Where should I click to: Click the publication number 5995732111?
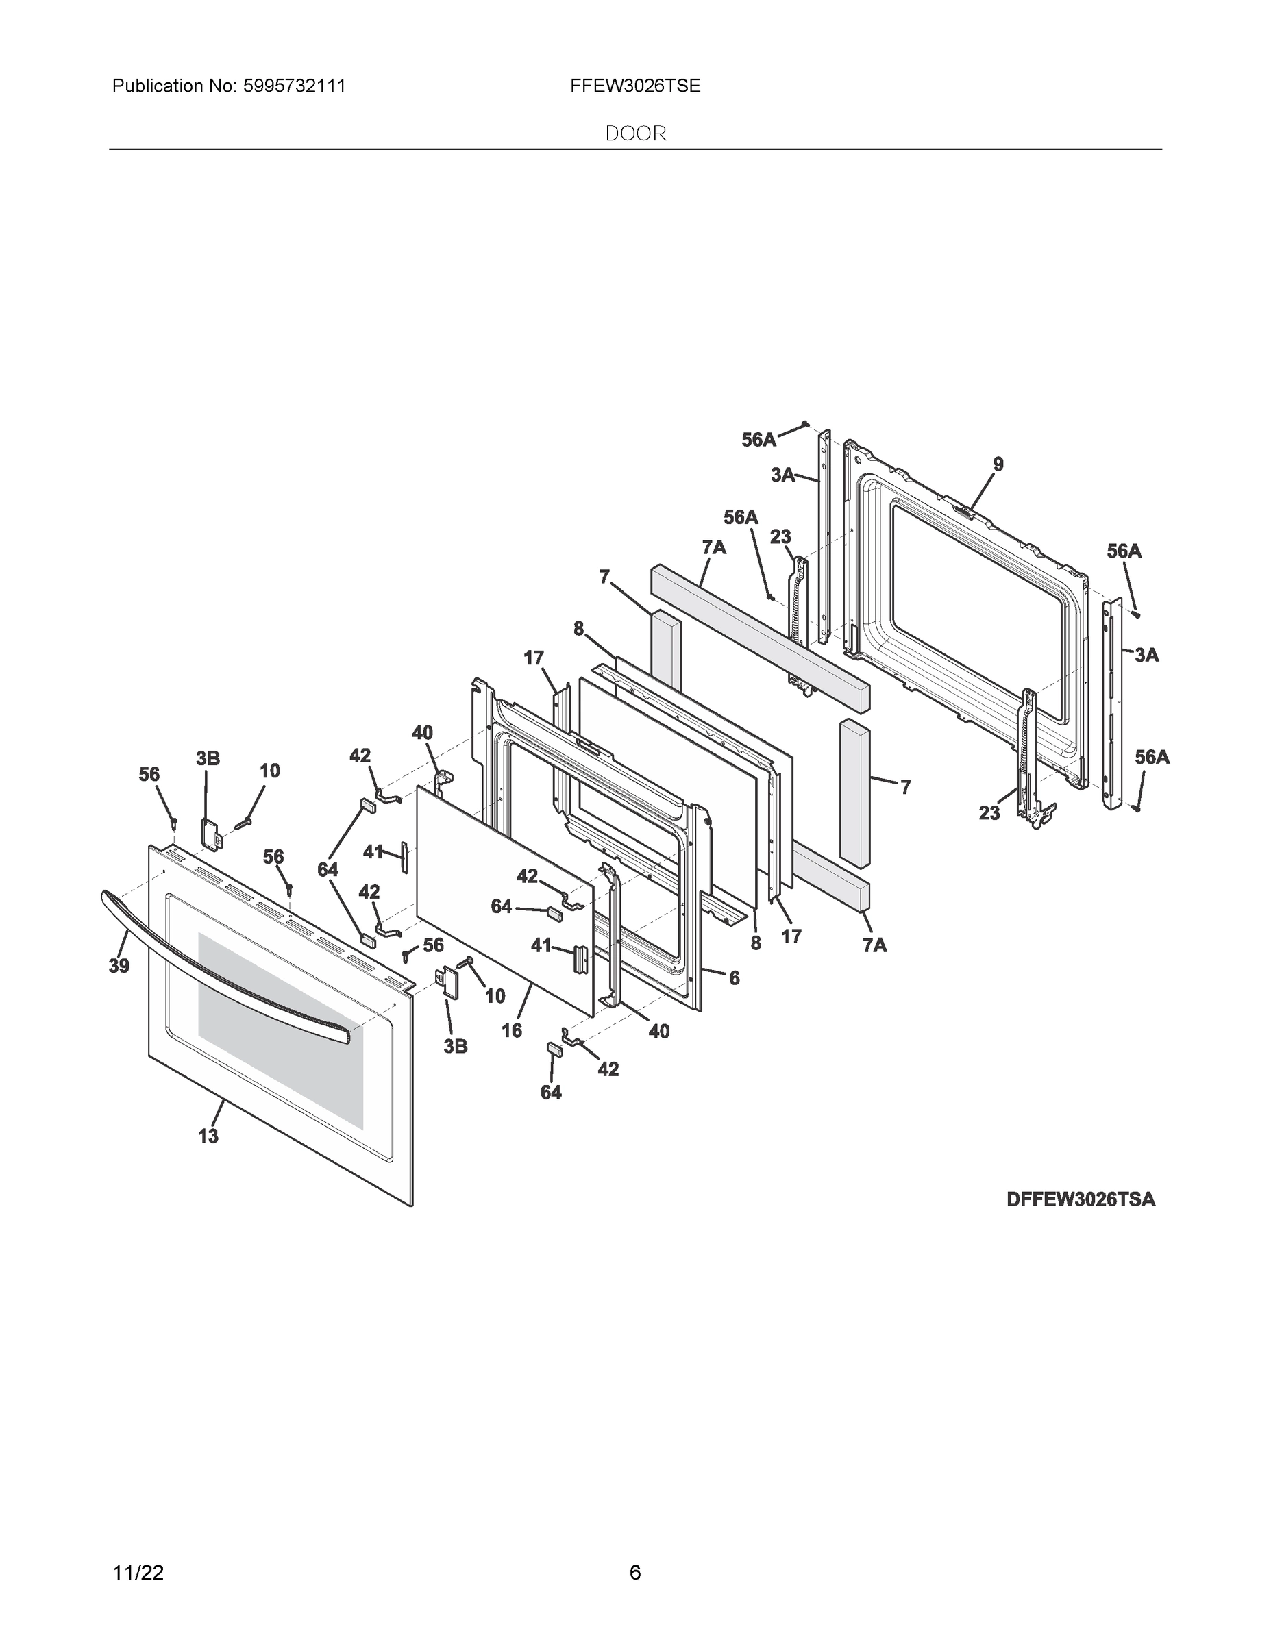point(295,86)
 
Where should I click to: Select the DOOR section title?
point(637,134)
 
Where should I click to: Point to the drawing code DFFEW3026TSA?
point(1081,1199)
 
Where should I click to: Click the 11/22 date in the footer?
point(138,1573)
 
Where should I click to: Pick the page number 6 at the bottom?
point(634,1573)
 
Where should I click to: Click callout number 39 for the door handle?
point(119,967)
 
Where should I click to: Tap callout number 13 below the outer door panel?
point(208,1136)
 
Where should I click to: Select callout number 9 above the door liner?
point(998,464)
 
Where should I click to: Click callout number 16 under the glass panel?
point(511,1030)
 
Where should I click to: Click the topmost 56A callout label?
point(759,440)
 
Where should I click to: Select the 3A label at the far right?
point(1146,655)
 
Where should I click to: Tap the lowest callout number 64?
point(551,1093)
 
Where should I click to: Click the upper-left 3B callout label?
point(208,759)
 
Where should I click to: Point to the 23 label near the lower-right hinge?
point(989,813)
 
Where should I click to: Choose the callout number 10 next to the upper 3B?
point(269,771)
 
